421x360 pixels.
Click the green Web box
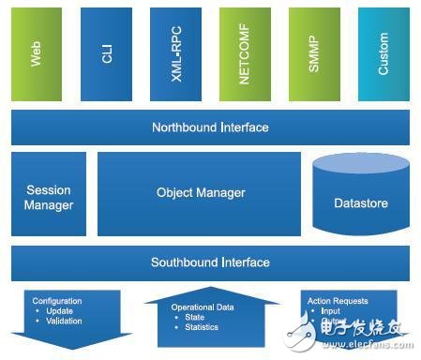coord(37,53)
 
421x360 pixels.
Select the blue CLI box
coord(106,53)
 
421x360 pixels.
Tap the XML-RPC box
coord(175,53)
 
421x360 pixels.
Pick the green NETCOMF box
coord(245,53)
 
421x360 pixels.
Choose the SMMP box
coord(314,53)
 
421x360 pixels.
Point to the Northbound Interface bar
coord(210,127)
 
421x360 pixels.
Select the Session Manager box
coord(49,194)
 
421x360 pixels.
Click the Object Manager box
coord(200,193)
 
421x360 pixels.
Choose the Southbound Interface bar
coord(210,262)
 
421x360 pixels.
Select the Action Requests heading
coord(338,301)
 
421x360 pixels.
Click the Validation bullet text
coord(63,322)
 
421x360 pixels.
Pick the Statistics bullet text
coord(202,327)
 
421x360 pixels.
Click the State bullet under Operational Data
coord(195,317)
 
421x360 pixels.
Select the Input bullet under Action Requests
coord(331,311)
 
